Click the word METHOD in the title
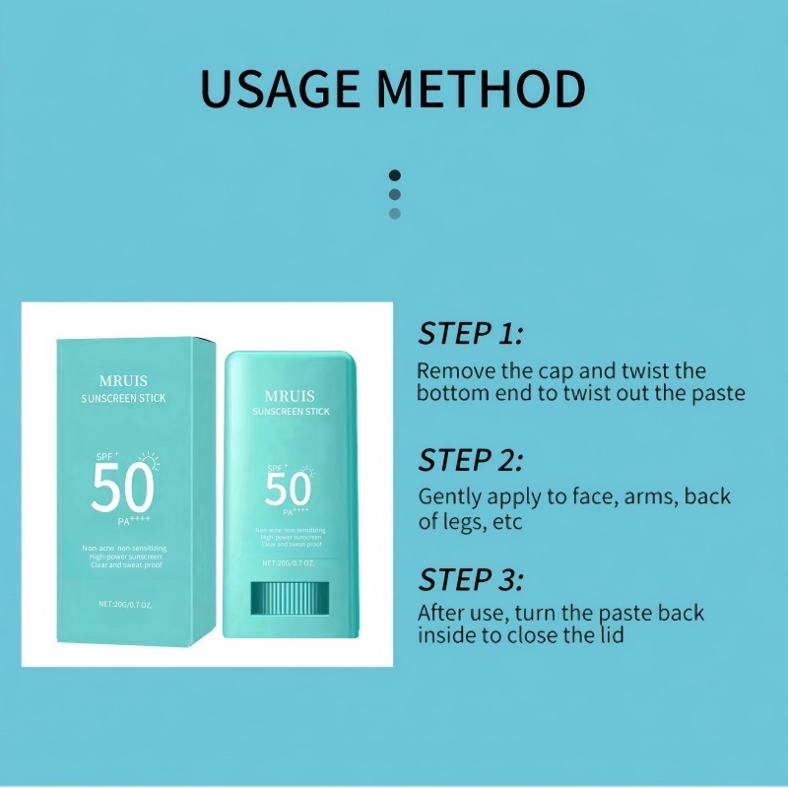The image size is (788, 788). coord(483,89)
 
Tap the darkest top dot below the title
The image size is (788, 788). coord(395,175)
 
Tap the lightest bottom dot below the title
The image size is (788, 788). coord(395,213)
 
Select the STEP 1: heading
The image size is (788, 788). coord(471,334)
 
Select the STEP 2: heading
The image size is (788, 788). coord(471,460)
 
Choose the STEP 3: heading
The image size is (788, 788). coord(471,578)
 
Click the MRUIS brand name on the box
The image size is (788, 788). coord(124,379)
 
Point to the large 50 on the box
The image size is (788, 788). coord(122,489)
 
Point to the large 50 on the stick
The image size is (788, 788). coord(288,490)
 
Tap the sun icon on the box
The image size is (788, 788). coord(150,459)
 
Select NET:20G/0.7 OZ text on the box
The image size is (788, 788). coord(124,604)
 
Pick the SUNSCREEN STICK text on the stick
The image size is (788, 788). coord(291,411)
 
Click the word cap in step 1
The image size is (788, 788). coord(554,371)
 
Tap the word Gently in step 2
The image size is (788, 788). coord(452,496)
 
